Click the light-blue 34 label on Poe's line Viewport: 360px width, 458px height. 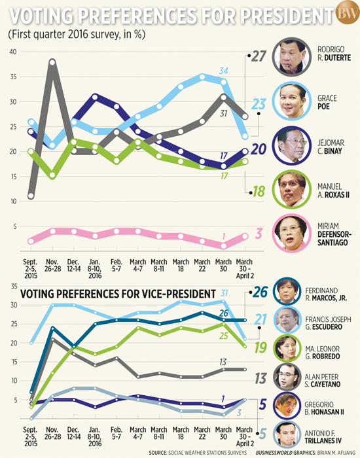point(223,70)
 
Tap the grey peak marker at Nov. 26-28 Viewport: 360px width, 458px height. point(52,63)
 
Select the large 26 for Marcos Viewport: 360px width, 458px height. point(260,292)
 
